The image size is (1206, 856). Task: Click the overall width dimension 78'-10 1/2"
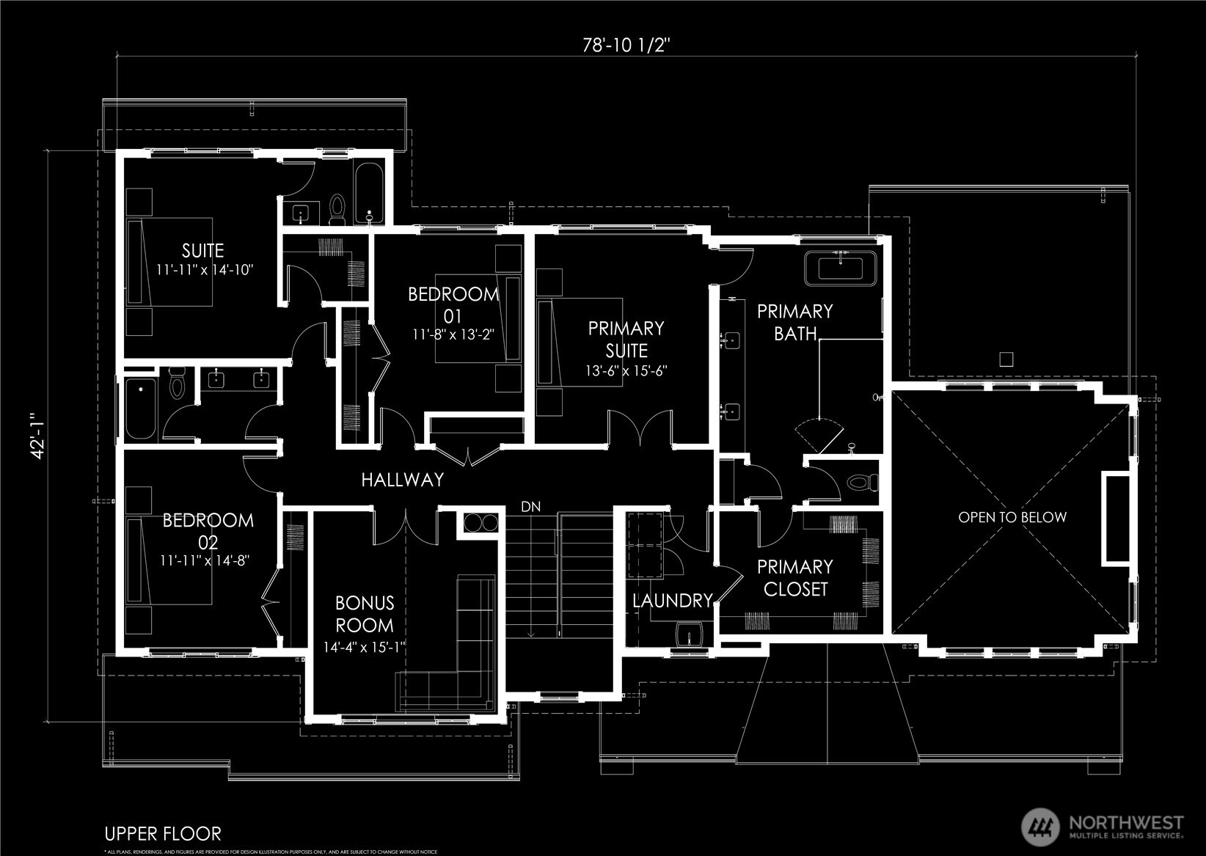(626, 45)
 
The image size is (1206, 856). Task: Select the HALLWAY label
(402, 480)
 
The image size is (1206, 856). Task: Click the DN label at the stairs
(530, 507)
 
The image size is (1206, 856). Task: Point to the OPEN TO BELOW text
(1012, 517)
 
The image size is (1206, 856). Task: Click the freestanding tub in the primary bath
(841, 268)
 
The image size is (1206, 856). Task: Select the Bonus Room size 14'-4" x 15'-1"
(365, 648)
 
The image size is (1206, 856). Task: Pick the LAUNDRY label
(672, 601)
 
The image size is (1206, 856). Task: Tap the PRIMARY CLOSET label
(795, 577)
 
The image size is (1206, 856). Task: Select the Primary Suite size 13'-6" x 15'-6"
(626, 371)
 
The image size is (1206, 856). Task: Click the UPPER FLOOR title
(162, 834)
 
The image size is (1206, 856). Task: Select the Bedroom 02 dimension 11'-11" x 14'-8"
(205, 560)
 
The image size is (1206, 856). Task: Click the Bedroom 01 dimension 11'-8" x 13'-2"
(453, 334)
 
